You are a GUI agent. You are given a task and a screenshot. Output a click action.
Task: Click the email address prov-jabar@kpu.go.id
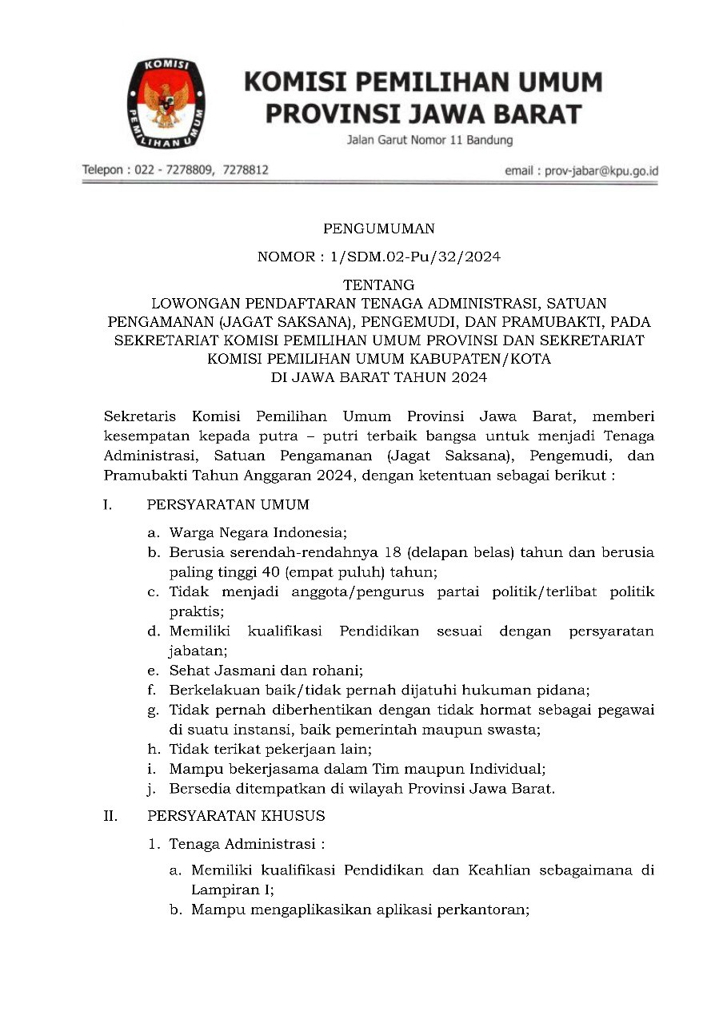click(601, 170)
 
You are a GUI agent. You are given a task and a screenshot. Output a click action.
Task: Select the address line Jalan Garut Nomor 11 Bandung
click(429, 141)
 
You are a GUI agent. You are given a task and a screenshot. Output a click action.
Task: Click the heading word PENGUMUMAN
click(378, 229)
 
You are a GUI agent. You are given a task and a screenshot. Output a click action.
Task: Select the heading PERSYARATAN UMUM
click(228, 504)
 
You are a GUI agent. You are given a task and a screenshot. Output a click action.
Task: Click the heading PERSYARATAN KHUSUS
click(236, 816)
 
